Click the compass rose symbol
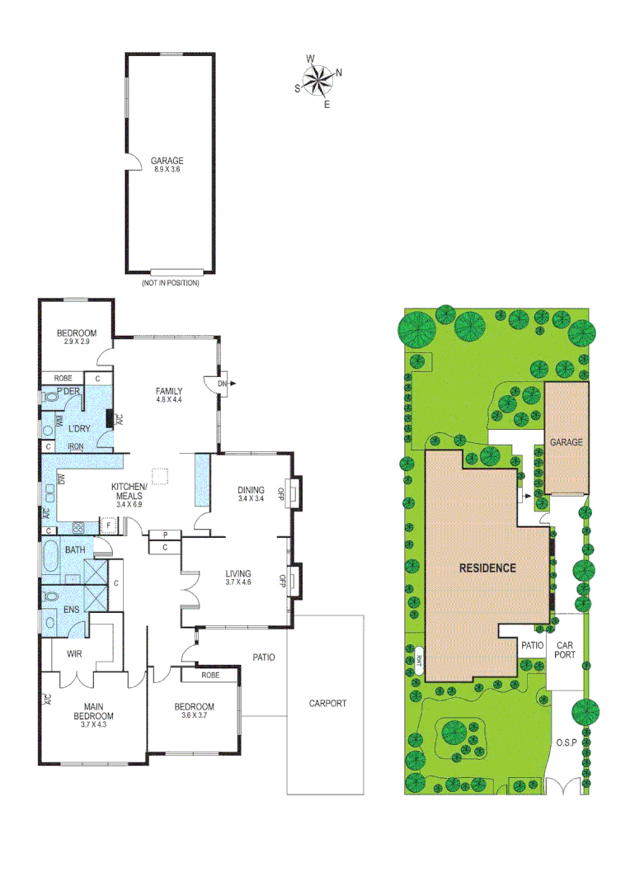317,80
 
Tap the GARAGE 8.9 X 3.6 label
167,165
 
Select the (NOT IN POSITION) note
171,283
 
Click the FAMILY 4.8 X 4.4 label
168,395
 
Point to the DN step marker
223,384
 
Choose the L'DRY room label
79,428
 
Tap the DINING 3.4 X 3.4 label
251,494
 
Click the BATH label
75,550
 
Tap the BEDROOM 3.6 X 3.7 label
194,711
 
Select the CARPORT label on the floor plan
327,704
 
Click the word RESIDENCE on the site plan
487,568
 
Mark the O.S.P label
566,742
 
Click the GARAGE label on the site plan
567,442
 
